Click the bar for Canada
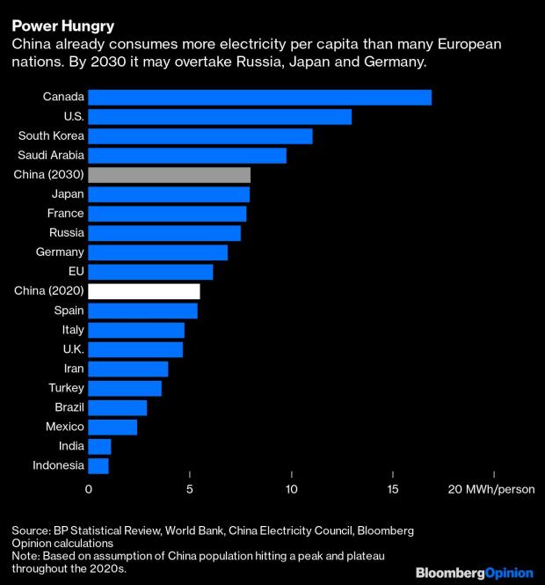(259, 97)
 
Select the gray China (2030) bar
(169, 174)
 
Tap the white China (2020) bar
(144, 291)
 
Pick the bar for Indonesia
(98, 465)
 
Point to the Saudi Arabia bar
(187, 155)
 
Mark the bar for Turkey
(125, 388)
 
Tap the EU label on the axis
(76, 272)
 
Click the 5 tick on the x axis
(190, 489)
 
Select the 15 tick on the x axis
(393, 489)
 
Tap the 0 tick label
(89, 489)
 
